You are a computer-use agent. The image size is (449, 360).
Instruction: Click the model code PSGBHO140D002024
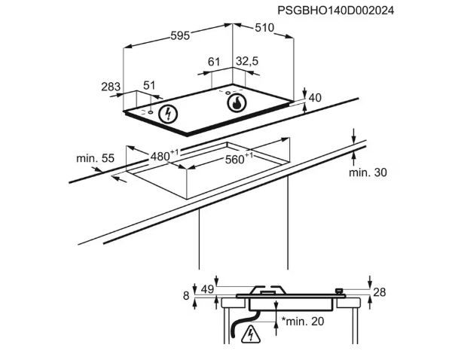pyautogui.click(x=335, y=11)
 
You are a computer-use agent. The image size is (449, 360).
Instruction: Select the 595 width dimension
pyautogui.click(x=180, y=35)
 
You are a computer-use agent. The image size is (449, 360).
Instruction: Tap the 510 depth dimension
pyautogui.click(x=264, y=28)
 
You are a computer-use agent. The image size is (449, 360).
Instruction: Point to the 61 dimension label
pyautogui.click(x=214, y=62)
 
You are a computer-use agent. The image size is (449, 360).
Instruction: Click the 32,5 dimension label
pyautogui.click(x=247, y=61)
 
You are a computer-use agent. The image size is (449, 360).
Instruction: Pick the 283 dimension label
pyautogui.click(x=111, y=87)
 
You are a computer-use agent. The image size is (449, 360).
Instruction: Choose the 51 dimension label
pyautogui.click(x=149, y=85)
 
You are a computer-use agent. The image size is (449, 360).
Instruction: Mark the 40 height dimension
pyautogui.click(x=315, y=98)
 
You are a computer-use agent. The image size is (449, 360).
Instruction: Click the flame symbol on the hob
pyautogui.click(x=237, y=102)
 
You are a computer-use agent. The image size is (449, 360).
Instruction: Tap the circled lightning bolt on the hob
pyautogui.click(x=168, y=114)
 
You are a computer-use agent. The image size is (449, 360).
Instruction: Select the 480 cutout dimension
pyautogui.click(x=163, y=155)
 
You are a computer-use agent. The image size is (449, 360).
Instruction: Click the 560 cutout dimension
pyautogui.click(x=239, y=159)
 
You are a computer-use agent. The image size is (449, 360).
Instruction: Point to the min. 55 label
pyautogui.click(x=96, y=158)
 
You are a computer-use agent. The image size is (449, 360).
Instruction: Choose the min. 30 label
pyautogui.click(x=368, y=172)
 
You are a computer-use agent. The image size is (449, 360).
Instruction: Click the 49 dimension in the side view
pyautogui.click(x=207, y=289)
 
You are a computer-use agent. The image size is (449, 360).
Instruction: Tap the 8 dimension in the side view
pyautogui.click(x=186, y=296)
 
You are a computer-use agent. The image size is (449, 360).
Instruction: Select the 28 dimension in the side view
pyautogui.click(x=380, y=292)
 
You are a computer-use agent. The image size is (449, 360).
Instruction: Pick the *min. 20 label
pyautogui.click(x=303, y=321)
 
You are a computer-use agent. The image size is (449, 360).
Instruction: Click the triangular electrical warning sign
pyautogui.click(x=251, y=334)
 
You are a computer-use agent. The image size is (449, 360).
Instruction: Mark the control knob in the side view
pyautogui.click(x=340, y=291)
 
